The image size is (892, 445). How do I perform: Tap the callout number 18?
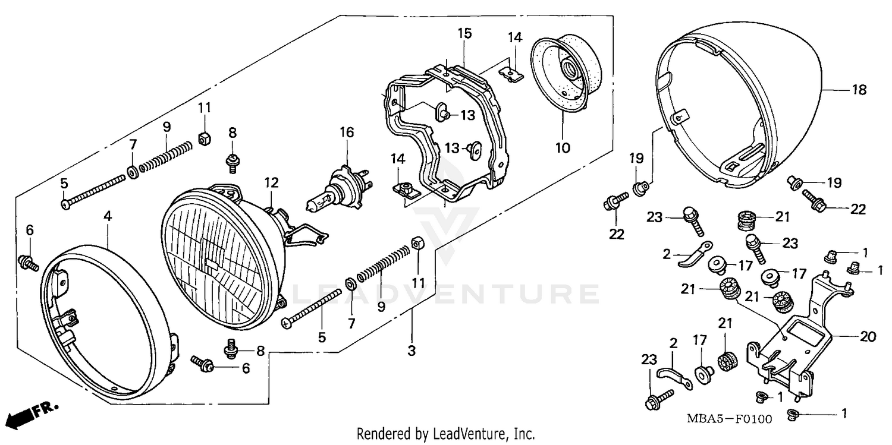pyautogui.click(x=859, y=90)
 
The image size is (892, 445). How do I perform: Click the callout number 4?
pyautogui.click(x=108, y=217)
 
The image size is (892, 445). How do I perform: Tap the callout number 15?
pyautogui.click(x=464, y=33)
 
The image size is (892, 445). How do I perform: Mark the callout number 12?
pyautogui.click(x=272, y=182)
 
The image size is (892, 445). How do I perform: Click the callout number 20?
pyautogui.click(x=868, y=337)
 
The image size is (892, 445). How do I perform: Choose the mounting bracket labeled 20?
pyautogui.click(x=797, y=345)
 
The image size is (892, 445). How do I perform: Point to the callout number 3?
pyautogui.click(x=411, y=351)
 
